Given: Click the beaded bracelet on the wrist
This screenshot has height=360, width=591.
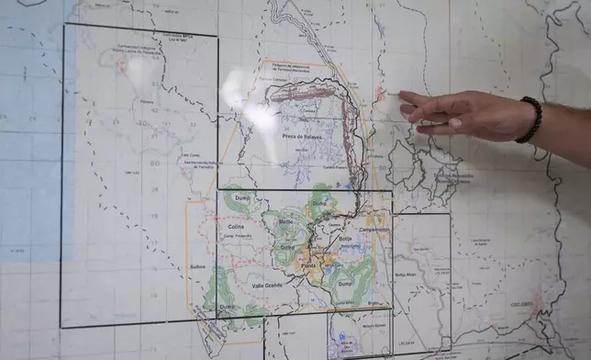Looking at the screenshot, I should (530, 119).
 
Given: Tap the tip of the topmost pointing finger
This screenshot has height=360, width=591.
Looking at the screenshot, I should (401, 94).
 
